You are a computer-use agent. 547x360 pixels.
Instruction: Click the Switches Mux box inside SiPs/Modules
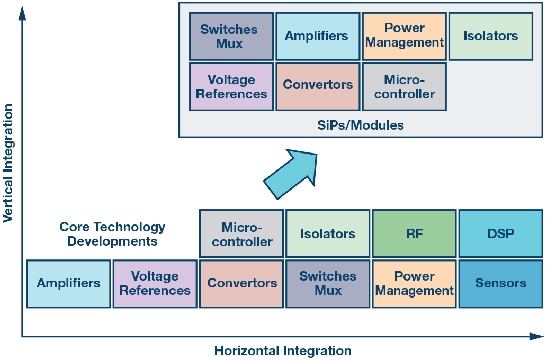pos(231,37)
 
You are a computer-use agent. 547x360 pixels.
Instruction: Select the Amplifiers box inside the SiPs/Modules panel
pos(317,37)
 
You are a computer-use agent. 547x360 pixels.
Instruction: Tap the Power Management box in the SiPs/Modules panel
pos(404,35)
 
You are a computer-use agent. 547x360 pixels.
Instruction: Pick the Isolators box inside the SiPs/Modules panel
pos(490,37)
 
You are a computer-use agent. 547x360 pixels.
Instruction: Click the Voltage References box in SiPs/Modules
pos(231,87)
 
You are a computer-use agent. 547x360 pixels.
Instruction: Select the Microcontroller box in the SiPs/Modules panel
pos(404,87)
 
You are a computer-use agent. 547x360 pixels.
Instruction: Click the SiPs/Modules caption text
pos(361,125)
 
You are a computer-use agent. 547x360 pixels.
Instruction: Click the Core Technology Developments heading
pos(112,234)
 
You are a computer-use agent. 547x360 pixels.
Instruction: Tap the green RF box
pos(414,233)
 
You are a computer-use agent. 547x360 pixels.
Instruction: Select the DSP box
pos(500,233)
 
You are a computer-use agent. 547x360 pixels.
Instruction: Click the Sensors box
pos(500,284)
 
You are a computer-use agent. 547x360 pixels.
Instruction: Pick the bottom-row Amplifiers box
pos(68,284)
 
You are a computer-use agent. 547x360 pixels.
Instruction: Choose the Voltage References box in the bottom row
pos(155,284)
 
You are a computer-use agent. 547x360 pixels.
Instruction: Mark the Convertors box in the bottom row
pos(241,284)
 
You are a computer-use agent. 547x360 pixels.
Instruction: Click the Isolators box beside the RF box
pos(328,233)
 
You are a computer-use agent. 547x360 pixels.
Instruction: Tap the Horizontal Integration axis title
pos(283,350)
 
